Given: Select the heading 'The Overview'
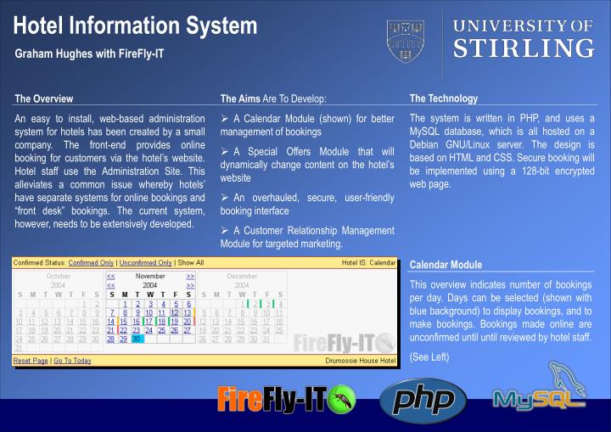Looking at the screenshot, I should (x=44, y=99).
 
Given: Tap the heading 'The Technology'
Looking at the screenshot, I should (x=443, y=98).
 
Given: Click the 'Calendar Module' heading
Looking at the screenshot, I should (x=446, y=265).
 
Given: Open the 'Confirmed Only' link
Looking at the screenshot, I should (x=91, y=263).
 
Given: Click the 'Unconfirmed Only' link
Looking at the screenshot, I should (x=145, y=263).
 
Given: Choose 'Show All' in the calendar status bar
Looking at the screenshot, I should (x=190, y=263).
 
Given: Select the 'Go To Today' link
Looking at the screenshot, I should (x=72, y=361).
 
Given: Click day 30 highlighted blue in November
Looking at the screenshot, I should (x=137, y=339).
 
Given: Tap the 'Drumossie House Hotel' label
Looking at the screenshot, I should (x=361, y=361).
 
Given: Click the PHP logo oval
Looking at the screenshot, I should (x=423, y=400).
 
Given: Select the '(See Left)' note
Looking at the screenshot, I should (x=429, y=356).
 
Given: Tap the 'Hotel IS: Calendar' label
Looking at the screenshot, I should (x=368, y=263).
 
